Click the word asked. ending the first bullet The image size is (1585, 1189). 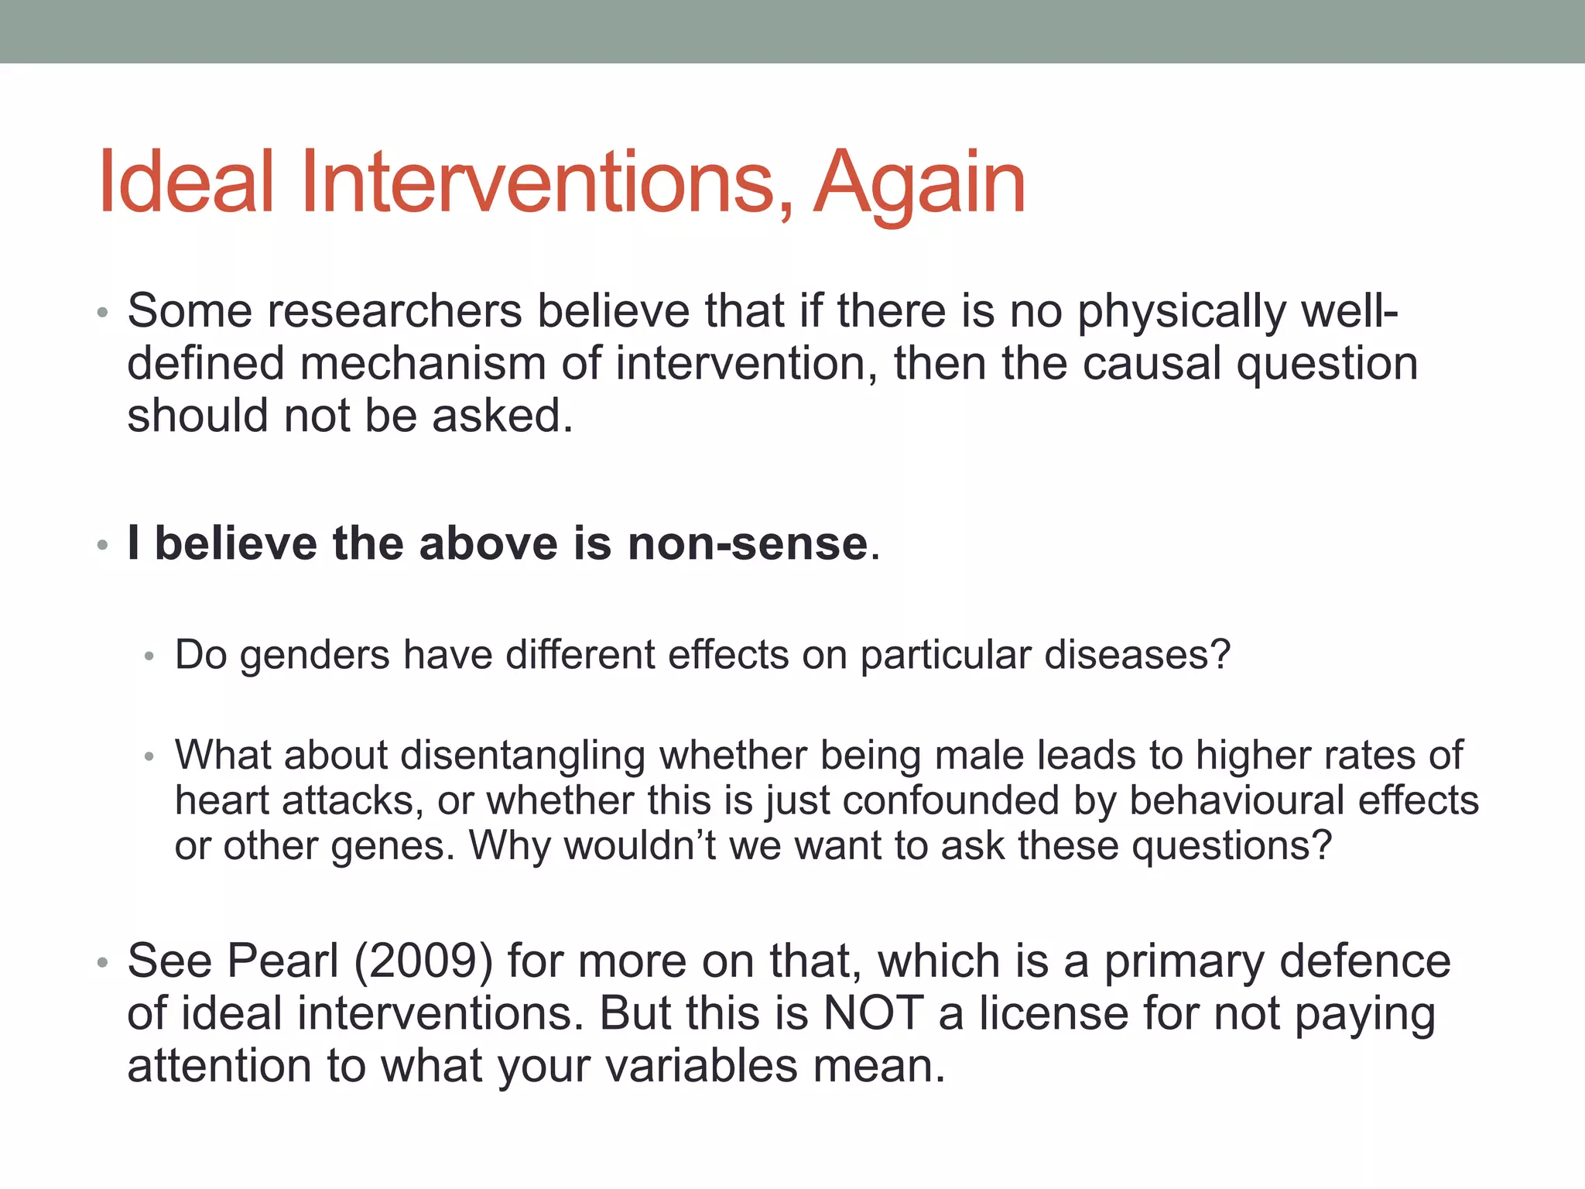[502, 416]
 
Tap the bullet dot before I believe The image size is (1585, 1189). [102, 545]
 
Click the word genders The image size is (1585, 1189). [315, 656]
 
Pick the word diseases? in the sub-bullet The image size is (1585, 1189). [1137, 655]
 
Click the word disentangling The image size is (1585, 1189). [522, 756]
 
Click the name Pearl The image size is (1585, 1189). [283, 962]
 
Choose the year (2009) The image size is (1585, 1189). [423, 962]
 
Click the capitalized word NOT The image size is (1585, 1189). [874, 1013]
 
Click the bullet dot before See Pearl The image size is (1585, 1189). [102, 963]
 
